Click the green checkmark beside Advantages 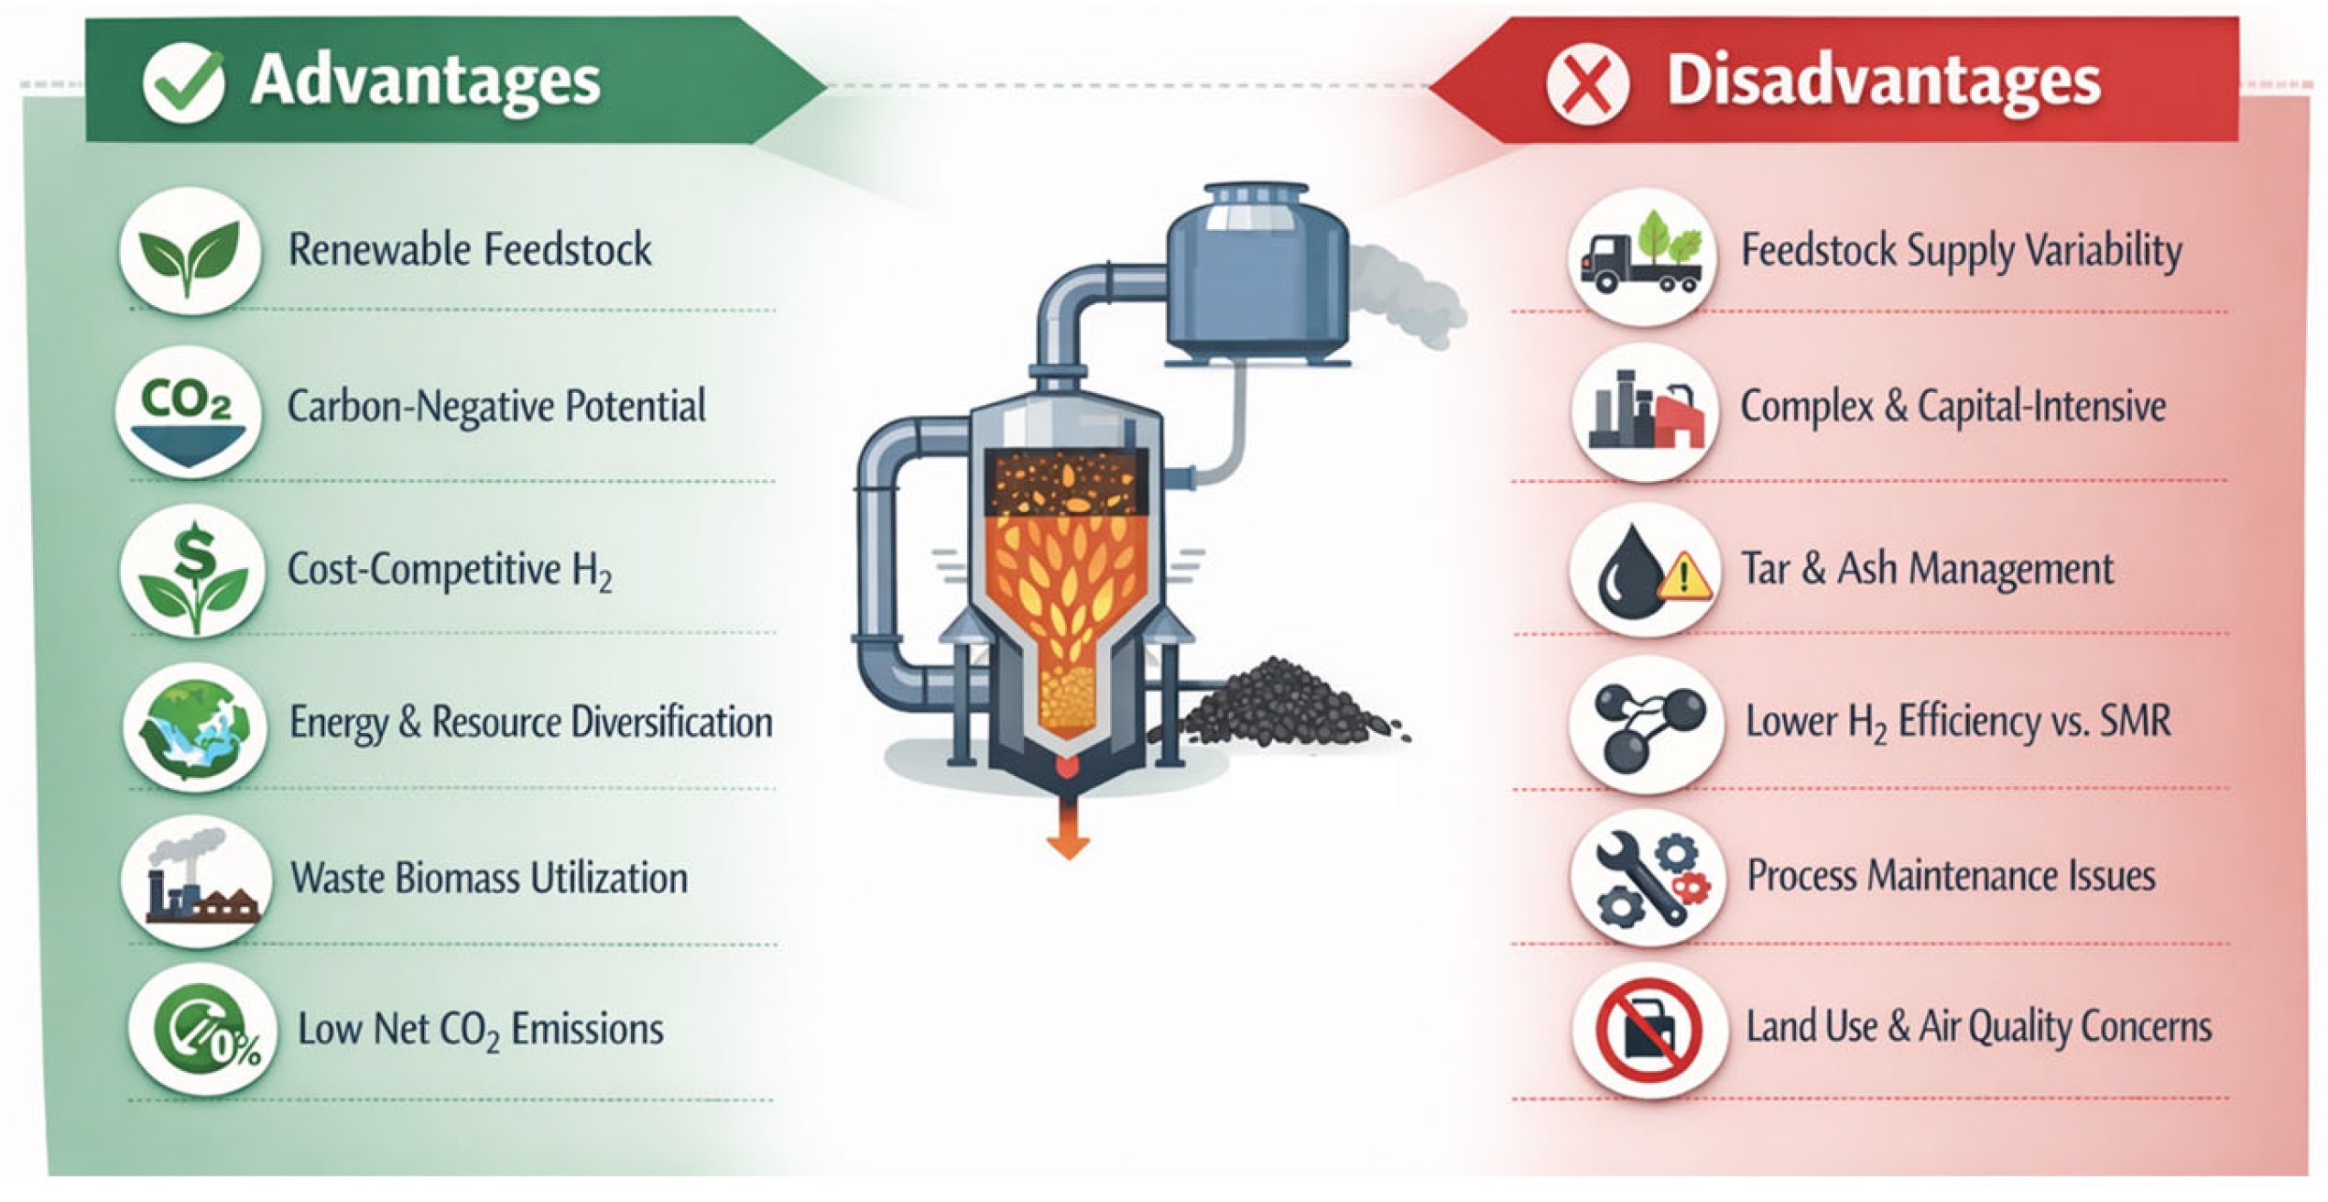pyautogui.click(x=183, y=83)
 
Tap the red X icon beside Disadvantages pyautogui.click(x=1587, y=83)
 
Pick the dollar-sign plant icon pyautogui.click(x=193, y=571)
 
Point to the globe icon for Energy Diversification pyautogui.click(x=194, y=727)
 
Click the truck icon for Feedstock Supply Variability pyautogui.click(x=1641, y=256)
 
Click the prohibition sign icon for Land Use pyautogui.click(x=1648, y=1030)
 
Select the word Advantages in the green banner pyautogui.click(x=425, y=81)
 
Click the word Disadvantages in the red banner pyautogui.click(x=1883, y=81)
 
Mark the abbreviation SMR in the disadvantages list pyautogui.click(x=2135, y=721)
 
